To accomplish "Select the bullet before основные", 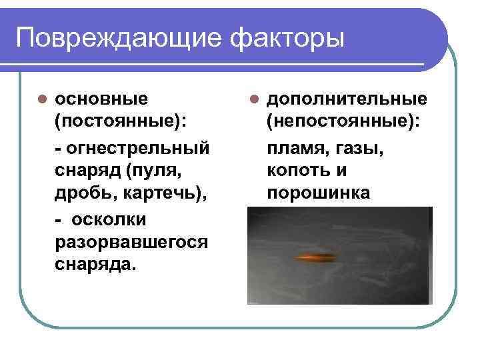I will [41, 99].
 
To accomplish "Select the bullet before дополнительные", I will [254, 99].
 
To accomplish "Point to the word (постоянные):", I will [120, 122].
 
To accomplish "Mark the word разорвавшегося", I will [131, 241].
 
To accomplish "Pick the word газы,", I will [360, 147].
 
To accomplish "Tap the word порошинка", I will [318, 193].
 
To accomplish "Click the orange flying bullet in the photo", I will [317, 257].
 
